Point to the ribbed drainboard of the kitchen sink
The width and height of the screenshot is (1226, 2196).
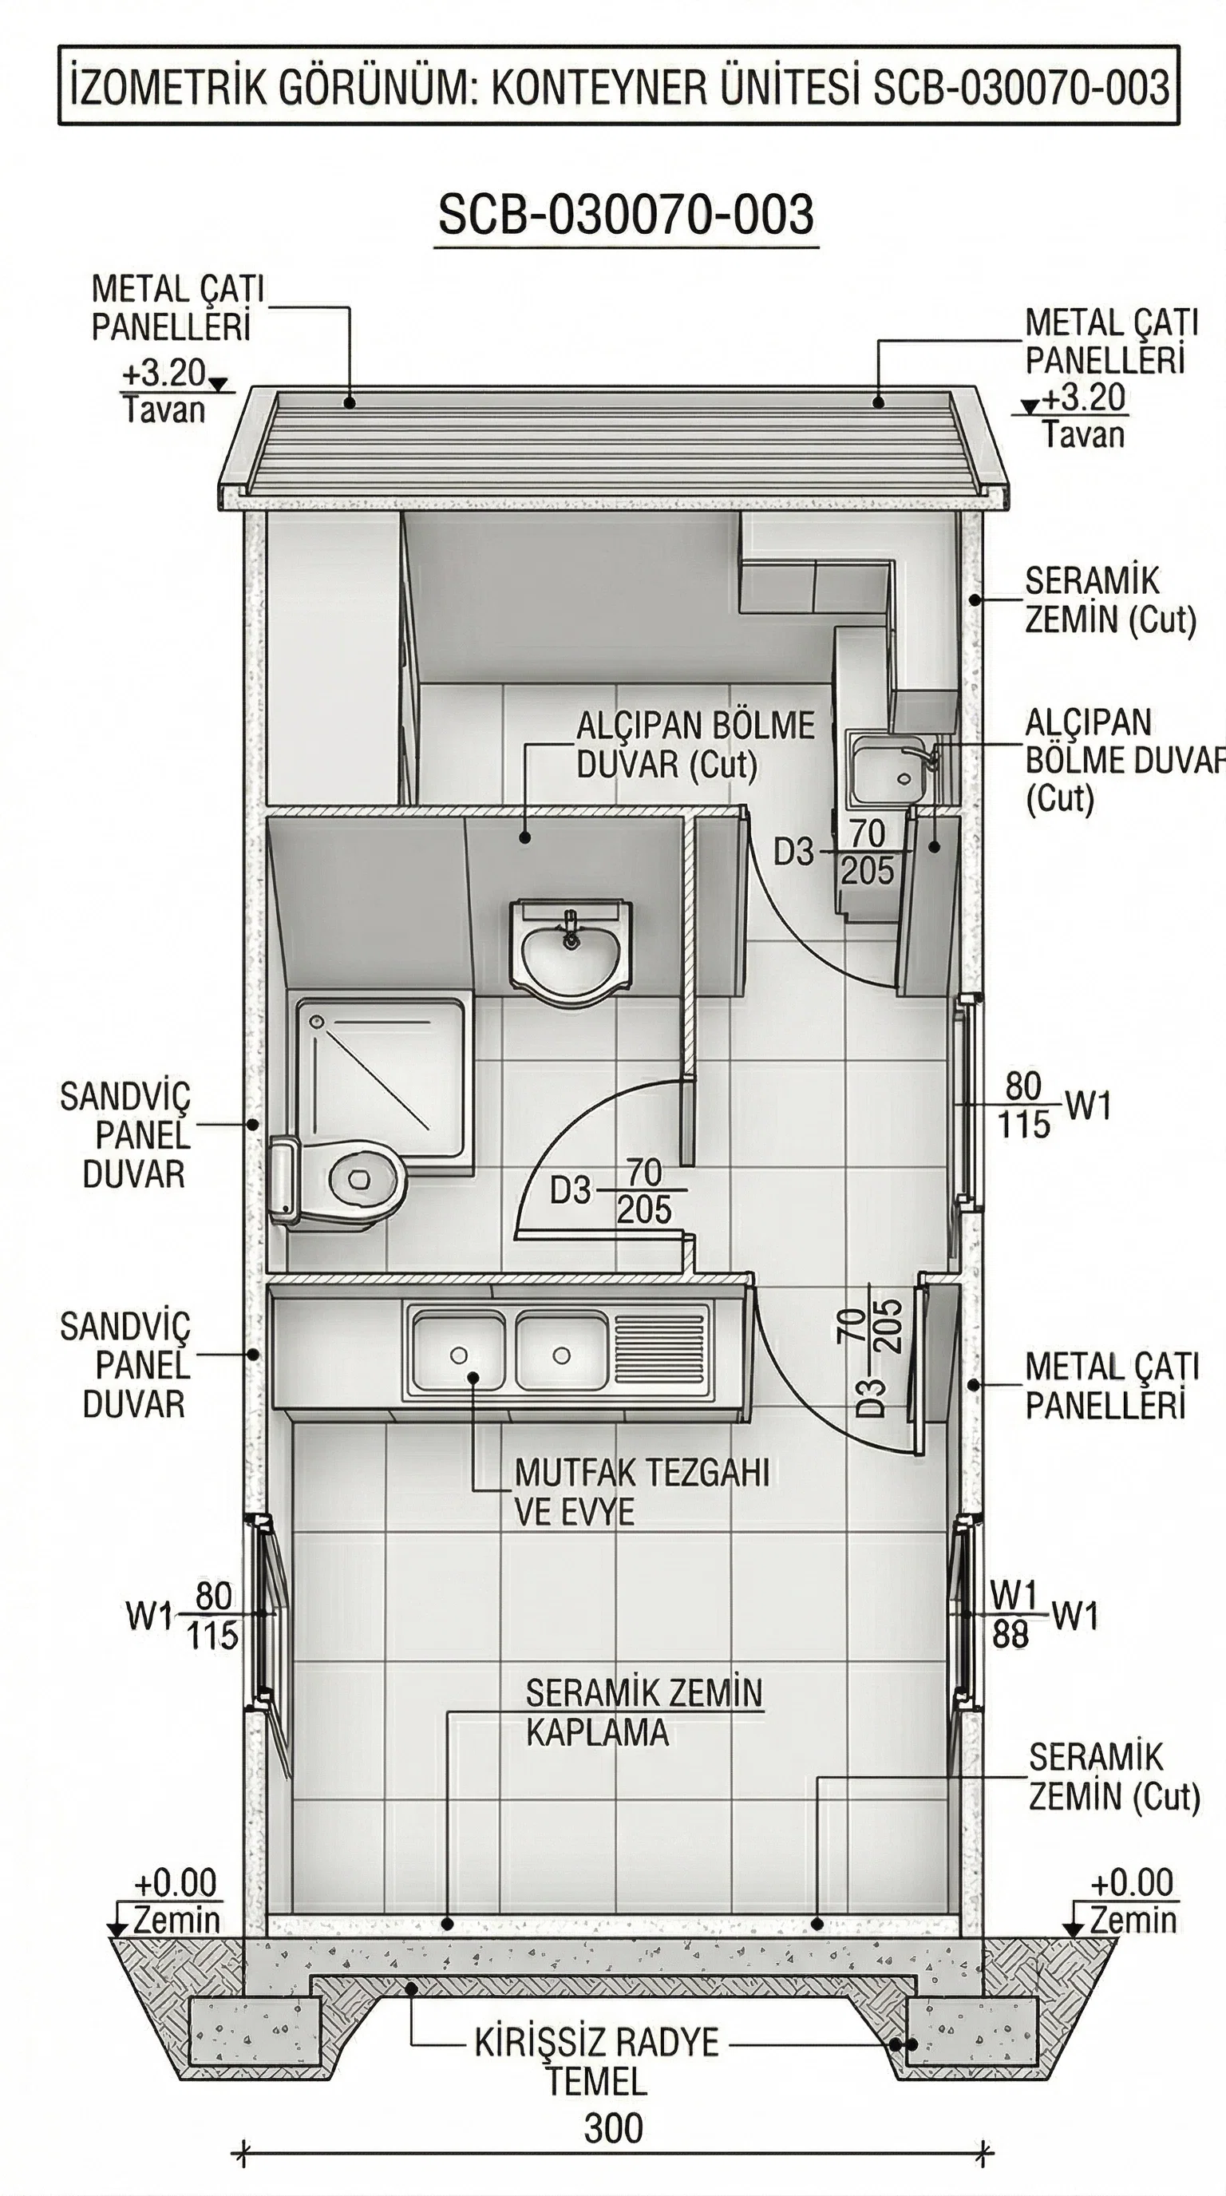[x=661, y=1355]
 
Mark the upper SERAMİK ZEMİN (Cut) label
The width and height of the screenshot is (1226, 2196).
[x=1110, y=601]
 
